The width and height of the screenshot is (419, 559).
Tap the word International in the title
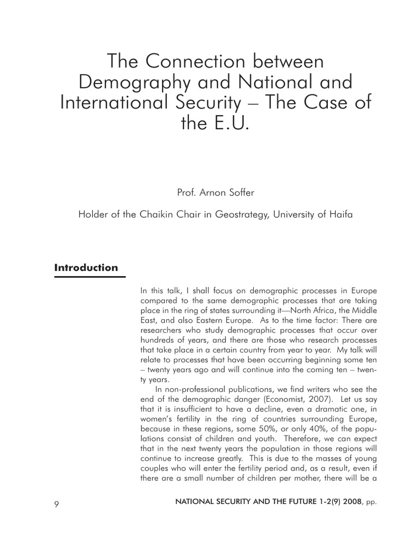coord(118,103)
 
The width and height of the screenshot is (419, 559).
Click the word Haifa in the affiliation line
coord(340,215)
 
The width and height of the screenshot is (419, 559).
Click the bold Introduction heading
coord(86,267)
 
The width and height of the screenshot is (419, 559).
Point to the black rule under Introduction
coord(90,277)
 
